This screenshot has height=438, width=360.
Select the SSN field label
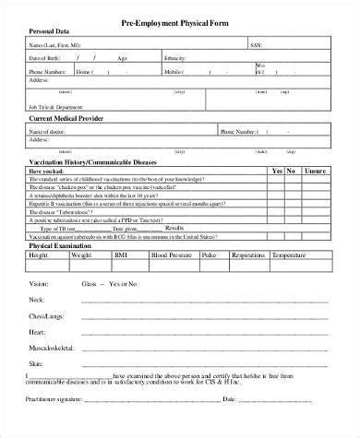tap(257, 43)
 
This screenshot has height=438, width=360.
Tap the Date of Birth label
tap(46, 56)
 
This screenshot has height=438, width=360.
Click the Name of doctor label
tap(47, 132)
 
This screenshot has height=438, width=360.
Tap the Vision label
tap(39, 283)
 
